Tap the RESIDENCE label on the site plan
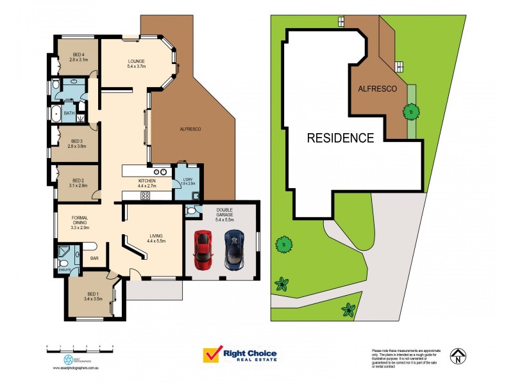pyautogui.click(x=340, y=138)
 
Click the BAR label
pyautogui.click(x=94, y=259)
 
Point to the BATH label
pyautogui.click(x=69, y=113)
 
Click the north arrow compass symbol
pyautogui.click(x=458, y=356)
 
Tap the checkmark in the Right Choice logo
pyautogui.click(x=212, y=355)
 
